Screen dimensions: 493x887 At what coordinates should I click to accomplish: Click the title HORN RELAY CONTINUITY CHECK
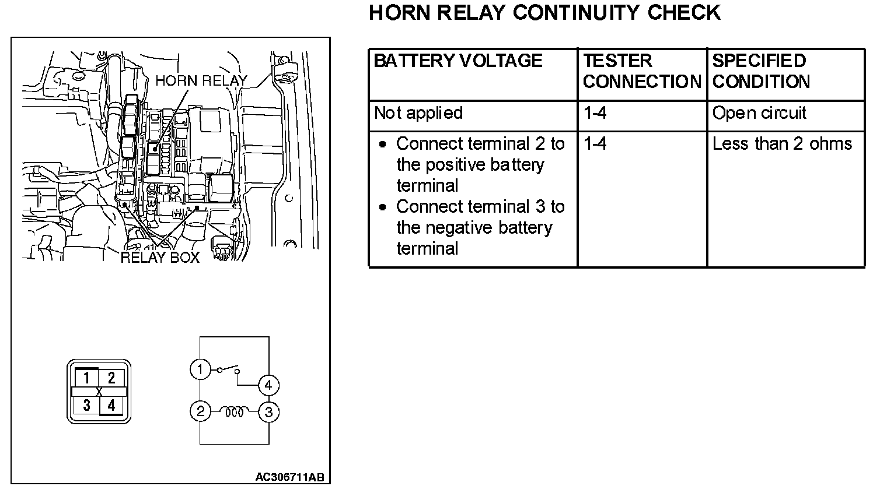(544, 13)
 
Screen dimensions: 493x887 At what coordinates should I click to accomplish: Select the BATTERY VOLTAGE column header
(458, 61)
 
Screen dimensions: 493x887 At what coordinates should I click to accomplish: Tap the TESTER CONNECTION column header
(641, 71)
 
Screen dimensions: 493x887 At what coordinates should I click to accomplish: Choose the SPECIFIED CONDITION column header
(761, 71)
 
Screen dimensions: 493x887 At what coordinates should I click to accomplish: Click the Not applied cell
(418, 113)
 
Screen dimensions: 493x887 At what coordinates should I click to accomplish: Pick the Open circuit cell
(759, 113)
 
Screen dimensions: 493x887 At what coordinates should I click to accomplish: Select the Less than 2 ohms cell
(782, 144)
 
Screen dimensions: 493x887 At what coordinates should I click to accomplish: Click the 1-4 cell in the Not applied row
(595, 113)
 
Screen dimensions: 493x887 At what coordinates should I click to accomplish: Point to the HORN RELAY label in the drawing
(201, 81)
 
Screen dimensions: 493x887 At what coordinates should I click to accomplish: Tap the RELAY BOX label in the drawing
(160, 257)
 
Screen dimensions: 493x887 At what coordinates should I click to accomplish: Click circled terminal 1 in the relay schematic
(200, 369)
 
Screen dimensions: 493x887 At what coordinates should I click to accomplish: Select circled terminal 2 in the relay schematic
(200, 412)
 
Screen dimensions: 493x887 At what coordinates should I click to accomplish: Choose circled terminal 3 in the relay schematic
(268, 412)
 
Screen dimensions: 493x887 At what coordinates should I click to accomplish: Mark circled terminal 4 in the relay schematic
(268, 385)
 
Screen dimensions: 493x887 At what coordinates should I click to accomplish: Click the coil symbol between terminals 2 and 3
(234, 412)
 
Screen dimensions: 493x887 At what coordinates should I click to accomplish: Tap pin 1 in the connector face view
(86, 378)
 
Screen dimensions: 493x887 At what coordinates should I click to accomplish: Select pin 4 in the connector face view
(111, 404)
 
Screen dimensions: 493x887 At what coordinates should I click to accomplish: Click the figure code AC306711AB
(289, 477)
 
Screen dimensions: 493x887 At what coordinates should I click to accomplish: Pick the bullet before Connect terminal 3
(383, 207)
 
